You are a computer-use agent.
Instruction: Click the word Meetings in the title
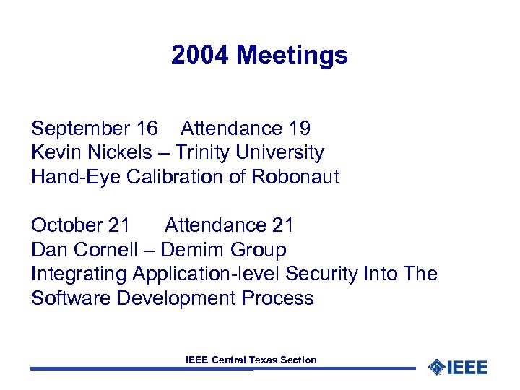click(292, 55)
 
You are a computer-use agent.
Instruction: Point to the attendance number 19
click(300, 129)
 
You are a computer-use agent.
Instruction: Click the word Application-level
click(207, 274)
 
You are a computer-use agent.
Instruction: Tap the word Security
click(321, 274)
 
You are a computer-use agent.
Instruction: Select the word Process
click(278, 298)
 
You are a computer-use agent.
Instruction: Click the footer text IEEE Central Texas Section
click(251, 360)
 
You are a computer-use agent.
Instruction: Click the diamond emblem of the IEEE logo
click(435, 367)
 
